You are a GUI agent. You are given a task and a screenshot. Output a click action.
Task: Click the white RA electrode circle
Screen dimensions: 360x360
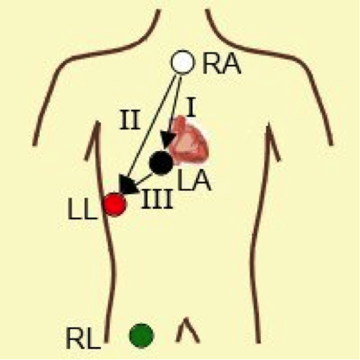tap(183, 62)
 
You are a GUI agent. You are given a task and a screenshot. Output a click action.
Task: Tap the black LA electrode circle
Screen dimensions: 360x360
tap(161, 163)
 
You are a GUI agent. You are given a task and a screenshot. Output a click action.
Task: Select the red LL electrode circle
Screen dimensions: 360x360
tap(115, 205)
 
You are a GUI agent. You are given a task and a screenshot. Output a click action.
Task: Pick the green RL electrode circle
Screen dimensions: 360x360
tap(142, 336)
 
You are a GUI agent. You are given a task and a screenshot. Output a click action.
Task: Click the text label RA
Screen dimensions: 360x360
tap(221, 65)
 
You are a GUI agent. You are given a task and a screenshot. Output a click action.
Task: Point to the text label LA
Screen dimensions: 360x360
tap(194, 180)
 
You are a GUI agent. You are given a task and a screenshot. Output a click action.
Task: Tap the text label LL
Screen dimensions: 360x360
tap(82, 210)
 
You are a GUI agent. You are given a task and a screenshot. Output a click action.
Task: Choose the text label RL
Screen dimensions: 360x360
tap(83, 338)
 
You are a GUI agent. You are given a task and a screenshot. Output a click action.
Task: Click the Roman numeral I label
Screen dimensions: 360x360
tap(192, 108)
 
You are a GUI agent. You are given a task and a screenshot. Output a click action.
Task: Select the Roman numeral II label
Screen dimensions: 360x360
tap(129, 120)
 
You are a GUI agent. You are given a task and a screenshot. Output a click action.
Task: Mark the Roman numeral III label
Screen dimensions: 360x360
tap(157, 199)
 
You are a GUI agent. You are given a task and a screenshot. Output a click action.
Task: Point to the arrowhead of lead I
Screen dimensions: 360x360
tap(167, 141)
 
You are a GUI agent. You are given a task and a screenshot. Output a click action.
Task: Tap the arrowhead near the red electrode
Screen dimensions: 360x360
tap(128, 185)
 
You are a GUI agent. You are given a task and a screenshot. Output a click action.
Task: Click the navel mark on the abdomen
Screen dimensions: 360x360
tap(187, 330)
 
